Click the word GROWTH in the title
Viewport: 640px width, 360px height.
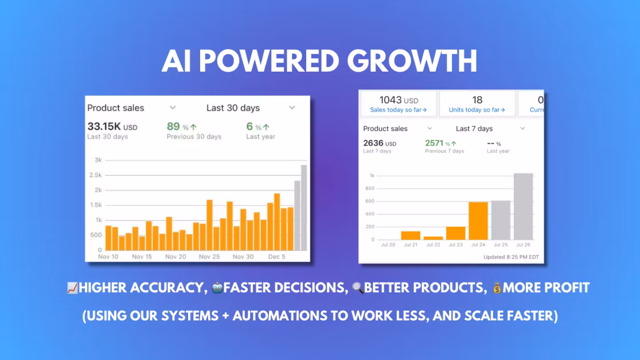pos(412,61)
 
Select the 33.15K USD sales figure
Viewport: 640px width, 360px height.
pos(112,127)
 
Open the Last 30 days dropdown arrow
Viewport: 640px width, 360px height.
pos(292,108)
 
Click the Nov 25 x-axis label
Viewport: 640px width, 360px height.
pos(209,257)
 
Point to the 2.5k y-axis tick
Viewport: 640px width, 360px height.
pos(96,175)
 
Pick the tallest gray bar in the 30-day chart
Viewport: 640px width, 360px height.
pos(304,208)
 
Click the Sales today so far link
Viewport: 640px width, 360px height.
pos(399,110)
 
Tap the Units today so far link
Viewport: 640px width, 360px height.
pos(477,110)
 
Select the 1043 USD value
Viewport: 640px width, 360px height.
pos(399,100)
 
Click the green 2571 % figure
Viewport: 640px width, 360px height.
pos(440,143)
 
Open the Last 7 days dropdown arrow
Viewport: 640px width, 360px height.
pos(522,128)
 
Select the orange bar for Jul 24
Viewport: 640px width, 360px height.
pos(478,221)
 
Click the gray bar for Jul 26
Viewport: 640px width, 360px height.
pos(523,206)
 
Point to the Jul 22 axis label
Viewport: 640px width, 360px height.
pos(433,245)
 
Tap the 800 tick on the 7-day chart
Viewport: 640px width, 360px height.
pos(370,189)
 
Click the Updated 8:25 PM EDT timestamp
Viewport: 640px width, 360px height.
pos(511,257)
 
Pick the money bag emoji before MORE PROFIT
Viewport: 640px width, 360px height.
pos(497,288)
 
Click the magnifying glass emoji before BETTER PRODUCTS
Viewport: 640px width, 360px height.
pos(357,288)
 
